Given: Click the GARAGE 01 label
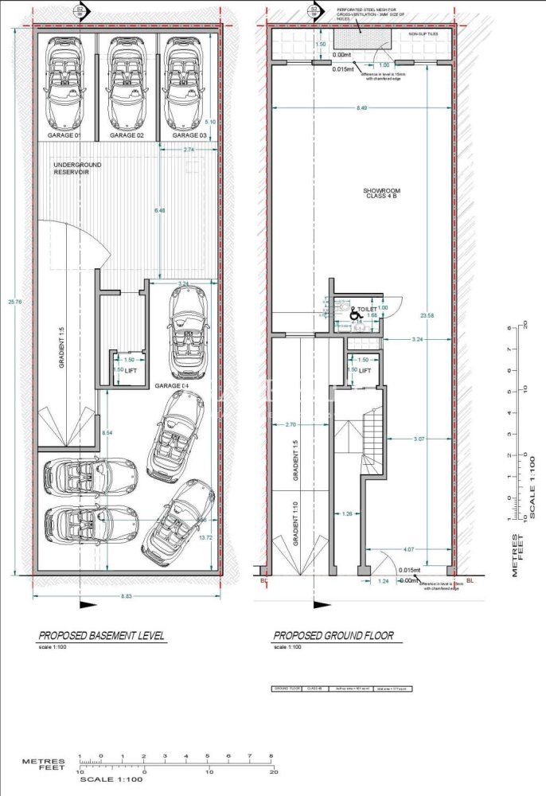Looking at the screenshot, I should tap(65, 136).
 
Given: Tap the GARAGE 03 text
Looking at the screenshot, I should tap(181, 136).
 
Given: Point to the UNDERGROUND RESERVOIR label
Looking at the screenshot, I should tap(79, 168).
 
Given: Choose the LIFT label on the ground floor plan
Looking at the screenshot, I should tap(365, 371).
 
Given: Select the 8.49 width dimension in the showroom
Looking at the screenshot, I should tap(361, 107).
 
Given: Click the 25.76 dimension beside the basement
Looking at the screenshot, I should tap(11, 302).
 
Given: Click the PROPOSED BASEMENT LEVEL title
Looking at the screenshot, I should tap(102, 635).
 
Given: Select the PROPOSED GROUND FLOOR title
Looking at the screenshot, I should tap(333, 636).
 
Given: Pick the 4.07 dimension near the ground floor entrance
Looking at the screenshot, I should tap(408, 548).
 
